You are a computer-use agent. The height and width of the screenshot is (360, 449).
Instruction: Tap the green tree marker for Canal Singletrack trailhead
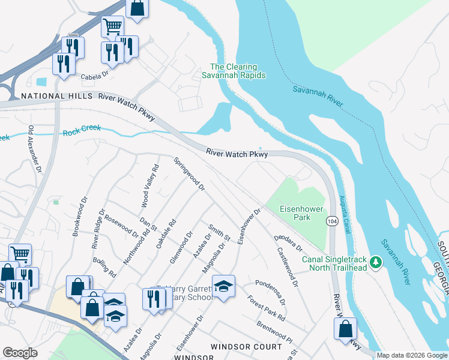point(376,262)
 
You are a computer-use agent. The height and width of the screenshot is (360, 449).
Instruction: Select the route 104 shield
point(331,222)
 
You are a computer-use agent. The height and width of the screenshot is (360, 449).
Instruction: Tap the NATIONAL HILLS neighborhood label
point(57,96)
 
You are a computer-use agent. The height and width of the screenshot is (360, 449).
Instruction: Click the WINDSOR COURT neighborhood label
point(246,347)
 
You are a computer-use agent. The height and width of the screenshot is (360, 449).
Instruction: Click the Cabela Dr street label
point(94,76)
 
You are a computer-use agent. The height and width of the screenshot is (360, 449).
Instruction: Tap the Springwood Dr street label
point(190,175)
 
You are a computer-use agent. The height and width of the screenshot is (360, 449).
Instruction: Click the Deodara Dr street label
point(289,243)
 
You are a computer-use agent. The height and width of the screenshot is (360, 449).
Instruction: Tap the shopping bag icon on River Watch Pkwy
point(345,328)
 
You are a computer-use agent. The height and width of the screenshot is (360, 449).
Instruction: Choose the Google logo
point(20,353)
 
